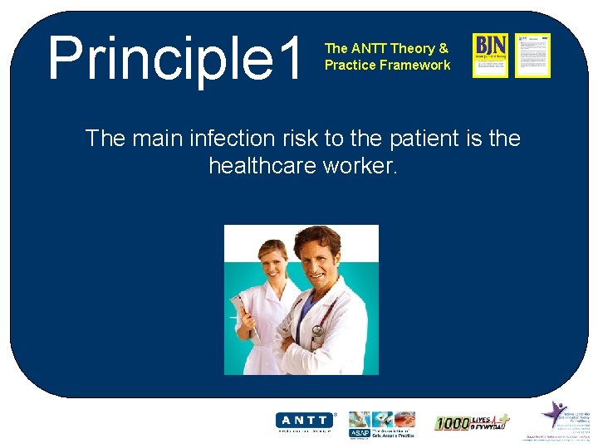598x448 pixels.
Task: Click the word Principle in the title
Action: click(x=158, y=58)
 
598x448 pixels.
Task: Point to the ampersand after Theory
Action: click(x=444, y=48)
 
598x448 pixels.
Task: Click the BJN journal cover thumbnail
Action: click(x=490, y=55)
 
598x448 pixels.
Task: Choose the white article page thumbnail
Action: click(x=532, y=55)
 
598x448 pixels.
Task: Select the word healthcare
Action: click(x=261, y=166)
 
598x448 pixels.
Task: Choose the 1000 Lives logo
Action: click(x=472, y=423)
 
